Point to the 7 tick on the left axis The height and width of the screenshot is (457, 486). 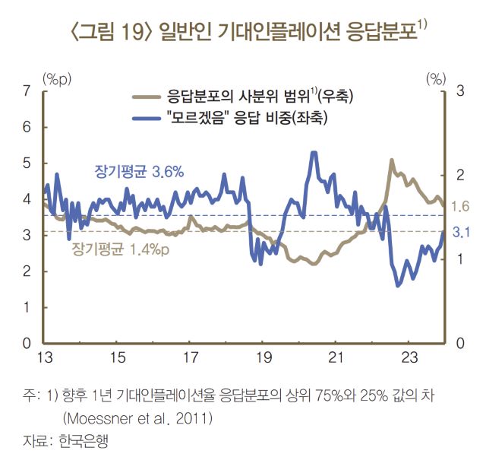27,91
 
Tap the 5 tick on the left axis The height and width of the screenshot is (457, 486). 27,163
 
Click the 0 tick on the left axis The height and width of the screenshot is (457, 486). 27,344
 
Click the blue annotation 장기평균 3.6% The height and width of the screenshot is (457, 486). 138,173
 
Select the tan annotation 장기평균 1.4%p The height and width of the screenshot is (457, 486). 121,248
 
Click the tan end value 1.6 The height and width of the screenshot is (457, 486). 460,207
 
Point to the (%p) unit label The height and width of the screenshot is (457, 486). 57,78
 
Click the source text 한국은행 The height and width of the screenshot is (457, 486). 82,440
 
